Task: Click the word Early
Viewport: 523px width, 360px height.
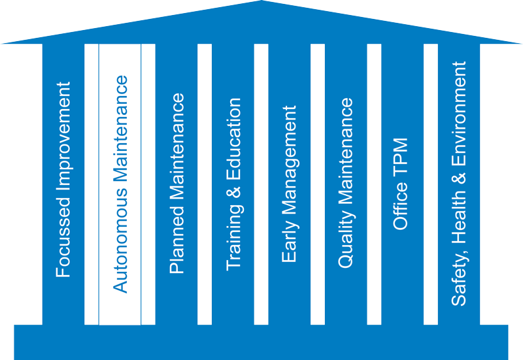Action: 289,242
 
